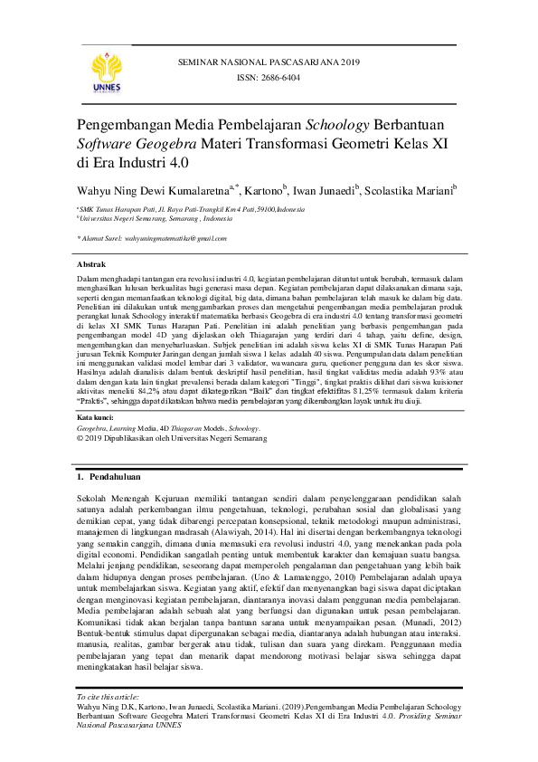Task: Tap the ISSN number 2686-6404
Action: point(269,78)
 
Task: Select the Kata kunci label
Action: point(96,418)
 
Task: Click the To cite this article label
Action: point(108,697)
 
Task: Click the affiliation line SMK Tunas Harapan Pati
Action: point(192,208)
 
